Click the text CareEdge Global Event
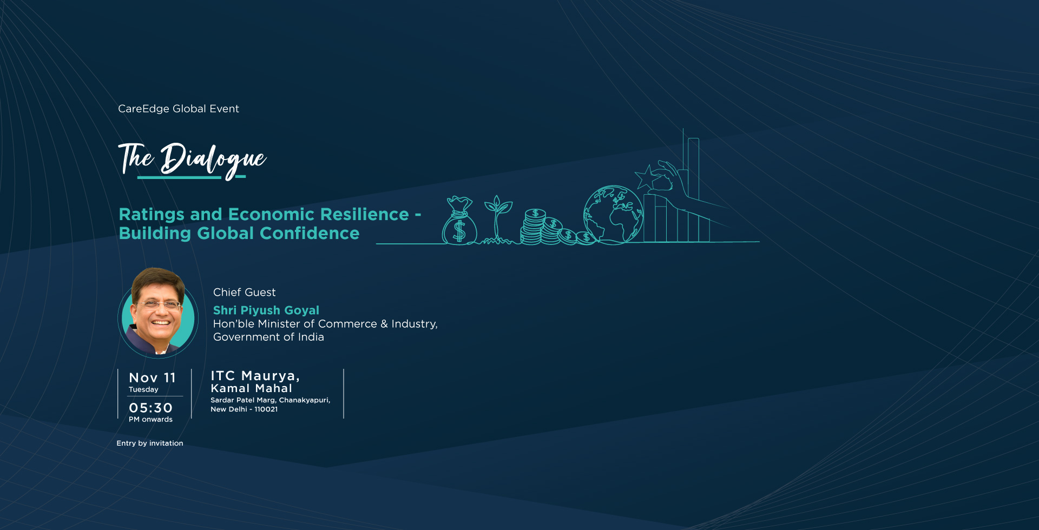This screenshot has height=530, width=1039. click(x=179, y=109)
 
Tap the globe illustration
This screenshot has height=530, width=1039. click(x=613, y=214)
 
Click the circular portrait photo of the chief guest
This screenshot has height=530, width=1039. click(x=158, y=313)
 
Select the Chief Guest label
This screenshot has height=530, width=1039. click(x=245, y=293)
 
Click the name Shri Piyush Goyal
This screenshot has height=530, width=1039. click(x=266, y=310)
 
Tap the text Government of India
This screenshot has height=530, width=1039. click(x=268, y=337)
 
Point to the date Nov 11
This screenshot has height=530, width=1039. click(x=152, y=377)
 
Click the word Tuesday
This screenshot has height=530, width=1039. click(x=143, y=389)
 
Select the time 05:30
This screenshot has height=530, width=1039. click(x=150, y=408)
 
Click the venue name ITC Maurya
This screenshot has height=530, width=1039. click(x=255, y=376)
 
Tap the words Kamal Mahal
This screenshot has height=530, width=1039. click(x=252, y=388)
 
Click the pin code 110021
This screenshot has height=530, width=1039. click(x=266, y=409)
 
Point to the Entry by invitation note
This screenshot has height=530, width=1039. click(x=150, y=443)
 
